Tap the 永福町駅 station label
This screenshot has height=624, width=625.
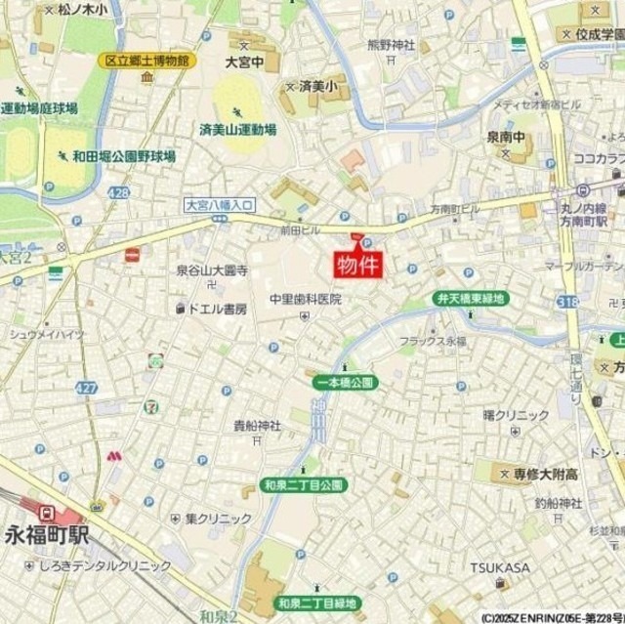pos(47,534)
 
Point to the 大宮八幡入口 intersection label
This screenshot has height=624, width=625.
pos(219,205)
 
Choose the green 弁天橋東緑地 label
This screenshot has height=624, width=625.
pos(470,298)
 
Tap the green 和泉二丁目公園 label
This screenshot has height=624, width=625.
pos(303,484)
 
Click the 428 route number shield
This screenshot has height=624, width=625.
pos(119,193)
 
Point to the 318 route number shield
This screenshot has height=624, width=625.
pos(568,304)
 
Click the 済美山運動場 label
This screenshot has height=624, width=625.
pos(237,129)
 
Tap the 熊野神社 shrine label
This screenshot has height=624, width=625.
pos(391,45)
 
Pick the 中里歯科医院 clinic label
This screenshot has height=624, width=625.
pos(306,300)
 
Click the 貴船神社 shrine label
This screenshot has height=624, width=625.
pos(257,425)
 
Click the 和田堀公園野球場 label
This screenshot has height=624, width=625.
pos(123,155)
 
